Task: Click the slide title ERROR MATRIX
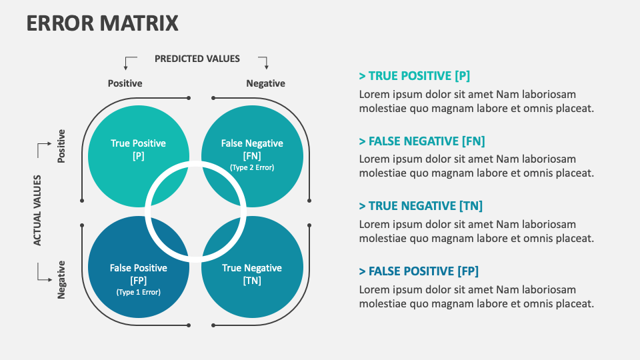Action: [103, 23]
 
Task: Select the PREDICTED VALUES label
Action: [197, 59]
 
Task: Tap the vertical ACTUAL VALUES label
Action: [38, 211]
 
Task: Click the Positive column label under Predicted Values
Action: [125, 83]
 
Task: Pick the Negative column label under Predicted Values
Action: [265, 83]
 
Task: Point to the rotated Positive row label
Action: [61, 147]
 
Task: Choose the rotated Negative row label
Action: [61, 279]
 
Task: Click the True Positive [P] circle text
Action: [138, 149]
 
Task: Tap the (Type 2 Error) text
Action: [252, 167]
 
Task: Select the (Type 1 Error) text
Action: [139, 292]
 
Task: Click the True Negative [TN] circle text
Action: [252, 274]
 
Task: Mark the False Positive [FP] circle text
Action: [139, 273]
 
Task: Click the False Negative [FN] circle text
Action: [252, 149]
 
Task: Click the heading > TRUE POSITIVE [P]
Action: [414, 76]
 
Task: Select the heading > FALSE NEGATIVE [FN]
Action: [421, 141]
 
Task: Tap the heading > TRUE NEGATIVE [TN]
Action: [420, 206]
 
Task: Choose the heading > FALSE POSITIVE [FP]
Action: [418, 271]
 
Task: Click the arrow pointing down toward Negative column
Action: [264, 63]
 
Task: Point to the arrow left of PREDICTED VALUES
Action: [129, 63]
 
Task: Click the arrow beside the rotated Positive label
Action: [43, 149]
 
